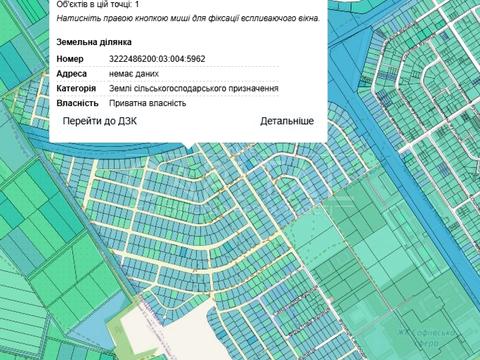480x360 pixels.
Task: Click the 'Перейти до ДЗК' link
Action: pyautogui.click(x=99, y=121)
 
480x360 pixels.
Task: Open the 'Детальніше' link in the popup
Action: pyautogui.click(x=287, y=121)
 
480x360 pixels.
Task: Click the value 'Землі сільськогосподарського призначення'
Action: pyautogui.click(x=193, y=88)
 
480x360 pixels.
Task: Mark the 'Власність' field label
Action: pyautogui.click(x=77, y=102)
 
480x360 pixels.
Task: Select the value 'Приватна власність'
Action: pyautogui.click(x=148, y=102)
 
